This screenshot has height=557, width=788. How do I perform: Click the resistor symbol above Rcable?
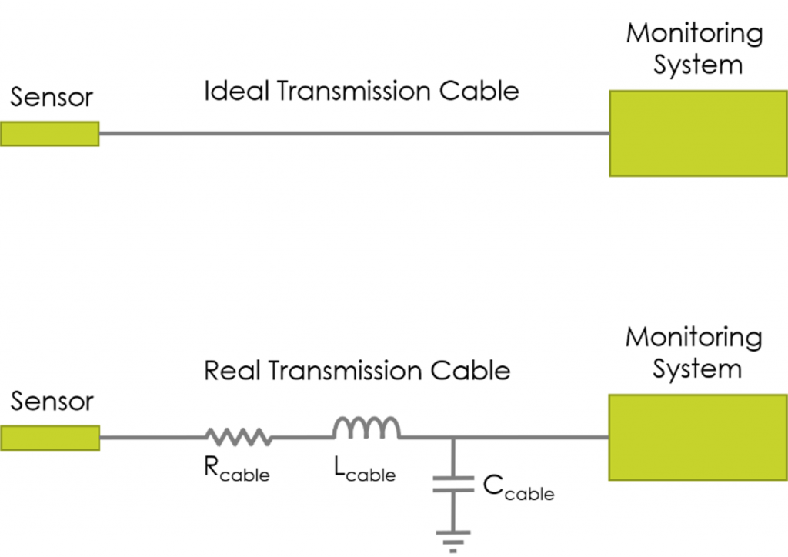239,438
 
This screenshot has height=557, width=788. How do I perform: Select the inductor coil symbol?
366,429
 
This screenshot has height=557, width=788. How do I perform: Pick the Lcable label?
365,470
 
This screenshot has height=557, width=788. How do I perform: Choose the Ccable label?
518,488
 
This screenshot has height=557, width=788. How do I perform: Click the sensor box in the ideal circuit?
49,134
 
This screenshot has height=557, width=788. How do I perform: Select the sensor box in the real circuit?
49,438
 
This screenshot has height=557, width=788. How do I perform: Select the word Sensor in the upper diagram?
52,98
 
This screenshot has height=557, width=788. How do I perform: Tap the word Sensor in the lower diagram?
52,402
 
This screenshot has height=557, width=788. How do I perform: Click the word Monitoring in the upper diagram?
694,34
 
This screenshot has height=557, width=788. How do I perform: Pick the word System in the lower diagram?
697,369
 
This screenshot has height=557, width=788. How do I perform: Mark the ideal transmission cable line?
354,134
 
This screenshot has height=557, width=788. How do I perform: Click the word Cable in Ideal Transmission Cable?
479,92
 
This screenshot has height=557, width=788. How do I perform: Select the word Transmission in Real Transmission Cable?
342,371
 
